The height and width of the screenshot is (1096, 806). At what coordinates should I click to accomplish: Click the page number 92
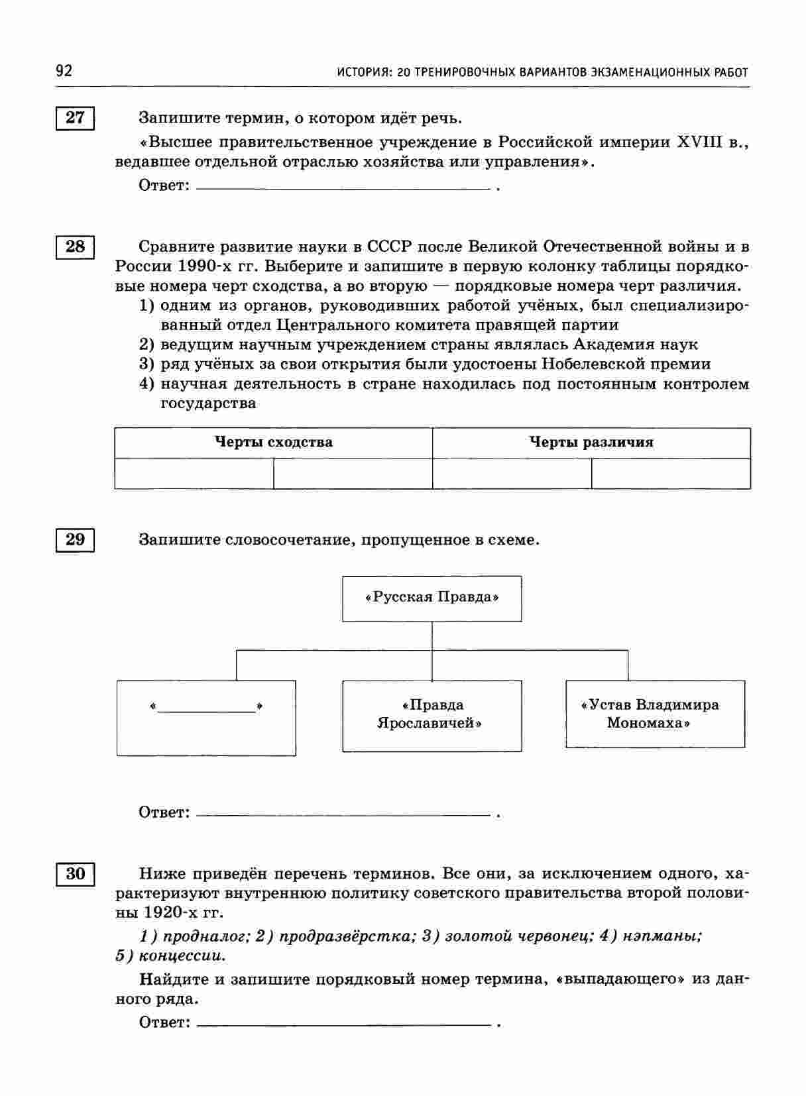pos(64,71)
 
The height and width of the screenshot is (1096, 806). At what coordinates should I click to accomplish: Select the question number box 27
pos(75,118)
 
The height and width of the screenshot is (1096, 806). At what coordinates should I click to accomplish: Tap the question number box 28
pos(75,247)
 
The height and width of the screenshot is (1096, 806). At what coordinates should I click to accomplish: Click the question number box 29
pos(75,539)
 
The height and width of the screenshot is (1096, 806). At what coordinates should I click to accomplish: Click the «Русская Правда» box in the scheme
pos(432,598)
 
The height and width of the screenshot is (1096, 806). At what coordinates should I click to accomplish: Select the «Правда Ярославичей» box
pos(432,715)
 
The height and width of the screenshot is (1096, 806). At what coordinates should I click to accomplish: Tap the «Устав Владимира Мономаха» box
pos(654,714)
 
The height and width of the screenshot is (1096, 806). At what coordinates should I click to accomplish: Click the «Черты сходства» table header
pos(273,443)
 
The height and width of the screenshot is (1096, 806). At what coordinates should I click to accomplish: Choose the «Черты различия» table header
pos(591,443)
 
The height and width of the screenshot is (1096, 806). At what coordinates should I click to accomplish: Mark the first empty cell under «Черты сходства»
pos(194,474)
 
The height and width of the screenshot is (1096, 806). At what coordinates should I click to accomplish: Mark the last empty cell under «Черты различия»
pos(671,474)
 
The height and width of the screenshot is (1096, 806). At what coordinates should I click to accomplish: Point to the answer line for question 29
pos(343,813)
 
